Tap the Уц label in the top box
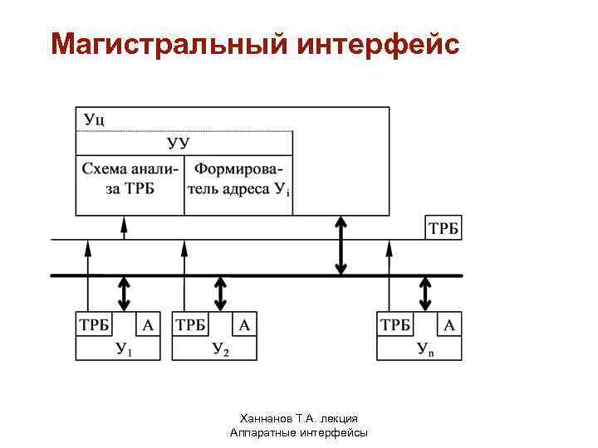94,119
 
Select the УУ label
178,143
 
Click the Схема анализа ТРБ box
130,180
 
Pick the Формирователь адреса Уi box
238,180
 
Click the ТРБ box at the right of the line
444,228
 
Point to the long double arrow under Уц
341,246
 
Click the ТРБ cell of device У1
94,324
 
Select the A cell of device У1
148,324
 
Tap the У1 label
124,349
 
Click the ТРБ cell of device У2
190,324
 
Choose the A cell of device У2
244,324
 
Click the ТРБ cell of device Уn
395,324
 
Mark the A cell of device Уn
449,324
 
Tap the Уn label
425,349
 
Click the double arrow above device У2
220,293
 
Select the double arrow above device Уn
425,293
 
